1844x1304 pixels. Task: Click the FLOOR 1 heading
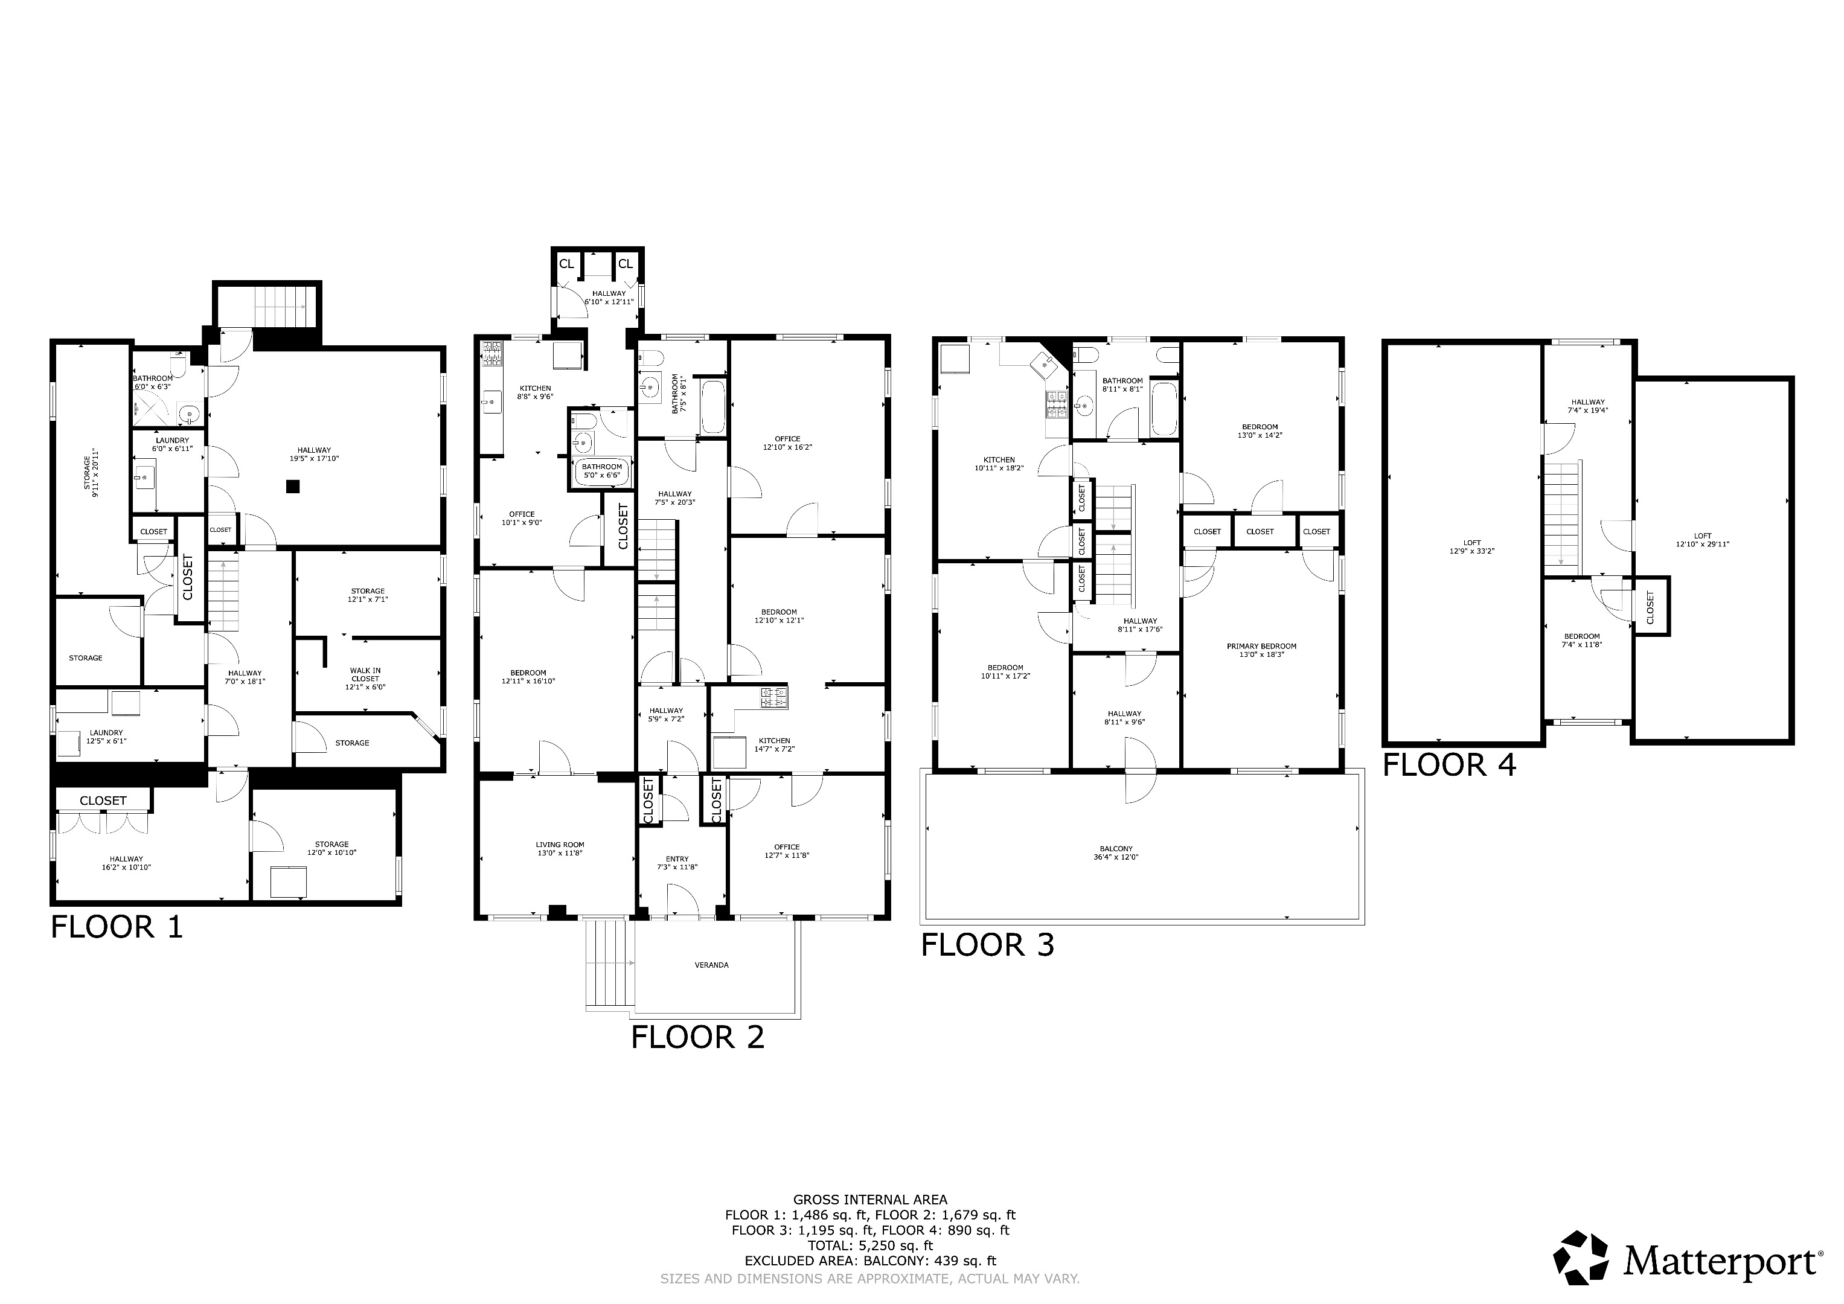pos(117,927)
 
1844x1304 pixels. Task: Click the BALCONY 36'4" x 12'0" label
pos(1116,853)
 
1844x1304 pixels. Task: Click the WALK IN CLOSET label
pos(365,679)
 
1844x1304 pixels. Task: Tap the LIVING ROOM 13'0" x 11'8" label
pos(560,849)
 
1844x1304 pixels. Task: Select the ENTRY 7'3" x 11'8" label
pos(677,863)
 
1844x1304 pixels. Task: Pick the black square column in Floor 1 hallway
pos(294,486)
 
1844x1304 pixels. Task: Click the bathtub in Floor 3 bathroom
pos(1165,409)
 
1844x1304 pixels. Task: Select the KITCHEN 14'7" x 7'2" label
pos(774,744)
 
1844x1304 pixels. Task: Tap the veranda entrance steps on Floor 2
pos(608,963)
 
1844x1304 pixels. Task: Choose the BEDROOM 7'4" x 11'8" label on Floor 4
pos(1581,640)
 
